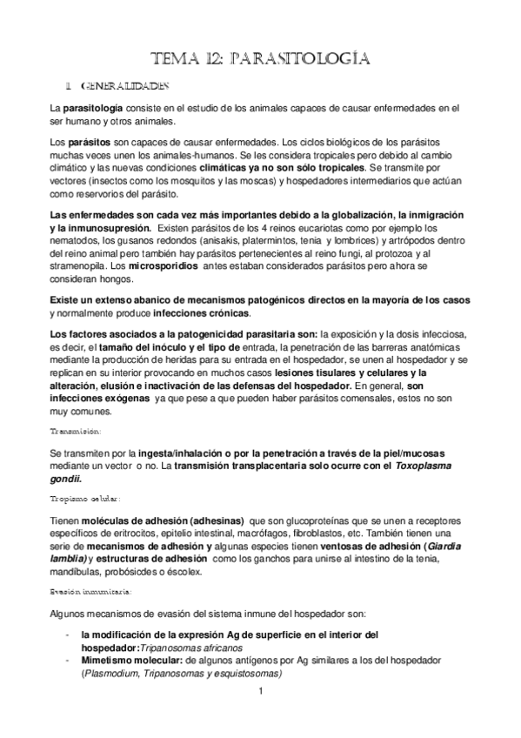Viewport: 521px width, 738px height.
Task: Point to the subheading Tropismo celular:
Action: (84, 499)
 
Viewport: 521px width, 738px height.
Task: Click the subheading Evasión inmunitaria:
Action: (90, 591)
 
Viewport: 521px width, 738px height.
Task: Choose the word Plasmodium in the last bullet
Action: (109, 674)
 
